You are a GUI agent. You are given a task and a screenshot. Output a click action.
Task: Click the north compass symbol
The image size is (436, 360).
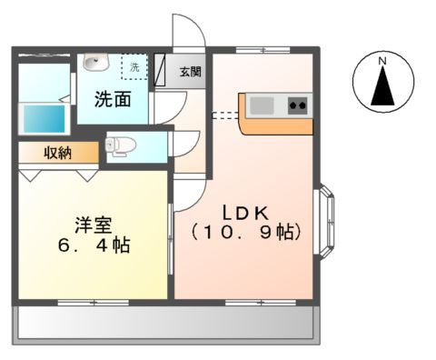[x=382, y=82]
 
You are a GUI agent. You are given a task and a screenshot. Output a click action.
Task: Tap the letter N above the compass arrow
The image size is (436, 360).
[x=382, y=61]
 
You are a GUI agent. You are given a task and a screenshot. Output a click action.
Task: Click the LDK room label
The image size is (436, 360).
[x=241, y=212]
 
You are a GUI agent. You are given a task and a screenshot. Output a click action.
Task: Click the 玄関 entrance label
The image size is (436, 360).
[x=190, y=72]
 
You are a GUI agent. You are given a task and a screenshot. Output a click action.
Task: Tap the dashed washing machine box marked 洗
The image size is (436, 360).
[x=133, y=66]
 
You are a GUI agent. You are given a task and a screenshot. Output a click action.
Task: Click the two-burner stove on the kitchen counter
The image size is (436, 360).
[x=298, y=105]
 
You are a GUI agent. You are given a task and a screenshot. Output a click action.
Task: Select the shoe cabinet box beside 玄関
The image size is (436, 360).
[x=162, y=71]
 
